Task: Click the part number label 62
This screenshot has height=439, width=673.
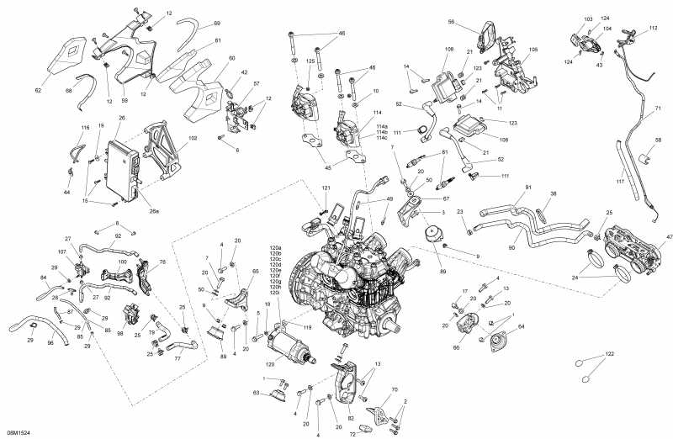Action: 38,89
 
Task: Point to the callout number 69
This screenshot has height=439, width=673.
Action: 217,24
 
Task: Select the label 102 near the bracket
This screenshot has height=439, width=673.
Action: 193,137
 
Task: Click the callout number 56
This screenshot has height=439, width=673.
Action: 474,22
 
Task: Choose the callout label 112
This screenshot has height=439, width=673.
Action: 653,28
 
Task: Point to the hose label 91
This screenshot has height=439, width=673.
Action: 528,187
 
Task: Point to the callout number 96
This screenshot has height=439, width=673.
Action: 50,342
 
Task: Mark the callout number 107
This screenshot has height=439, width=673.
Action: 62,251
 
